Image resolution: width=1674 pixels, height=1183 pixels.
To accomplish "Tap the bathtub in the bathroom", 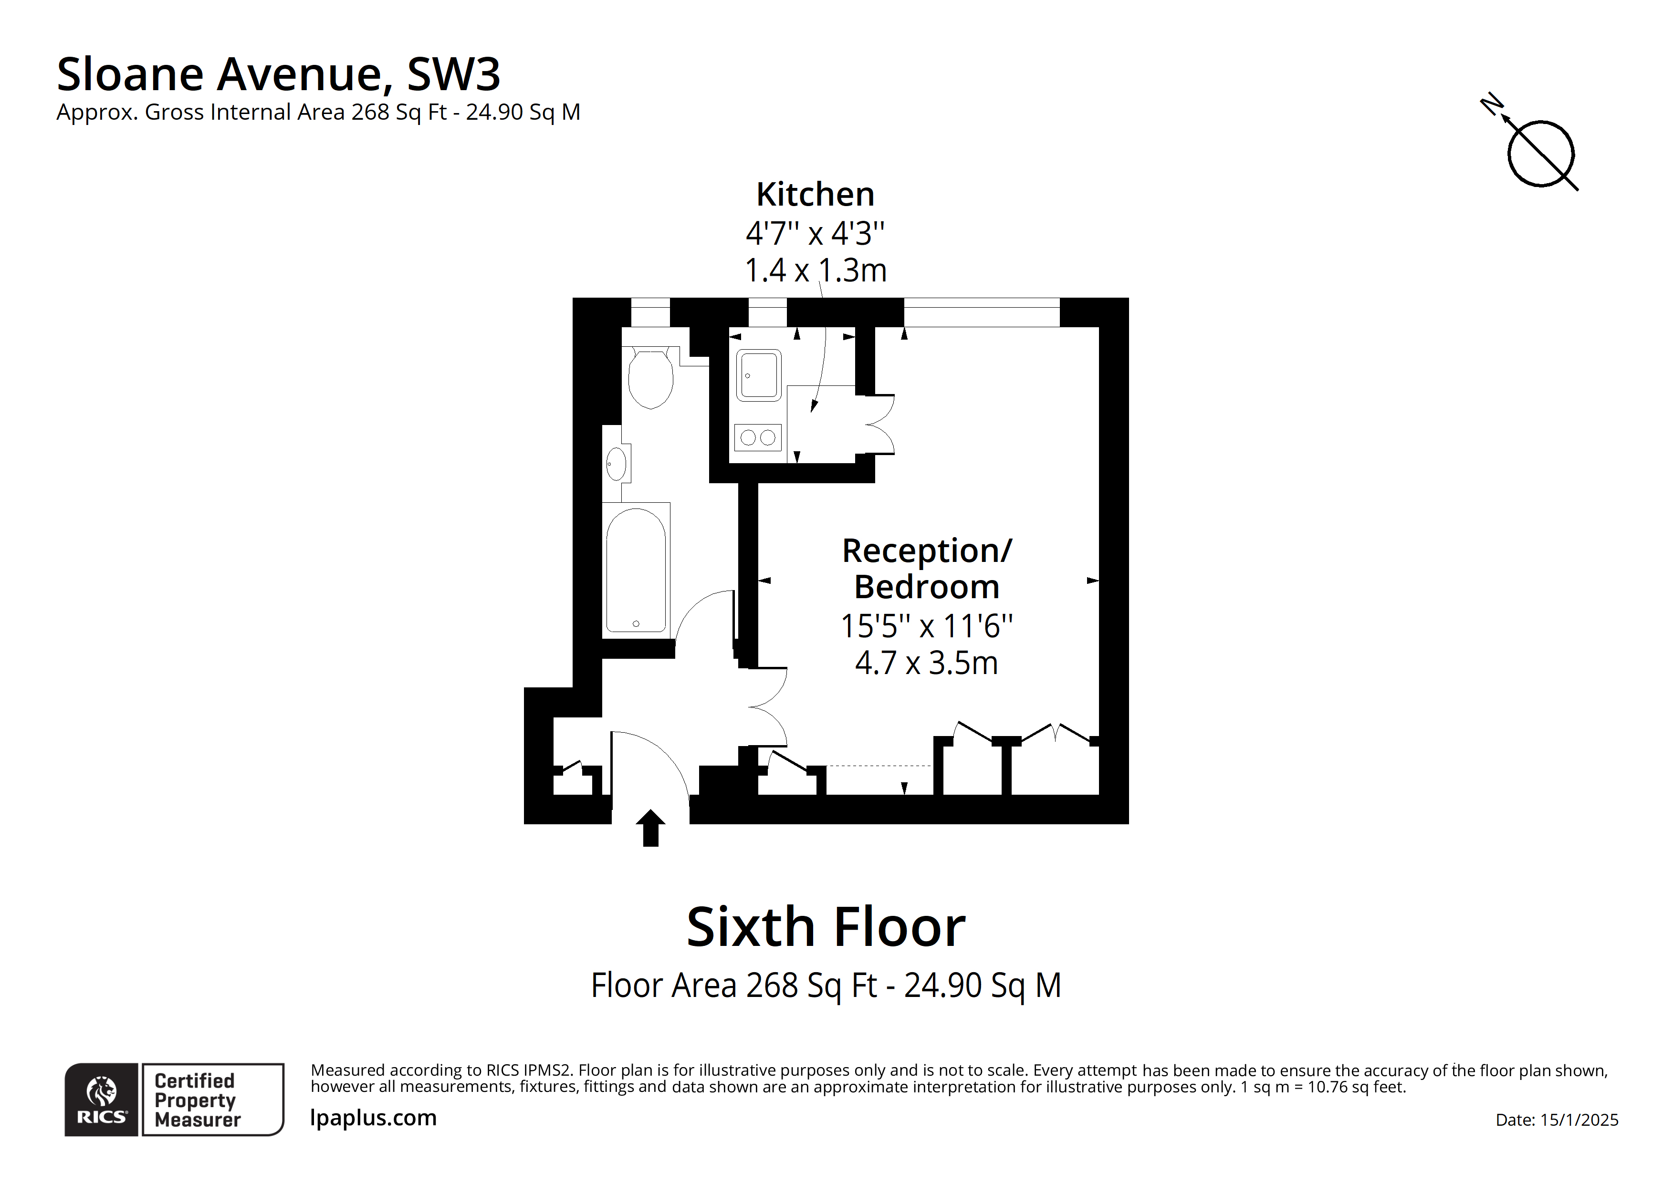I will pyautogui.click(x=636, y=570).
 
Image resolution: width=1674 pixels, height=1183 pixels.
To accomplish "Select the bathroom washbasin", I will pyautogui.click(x=616, y=464).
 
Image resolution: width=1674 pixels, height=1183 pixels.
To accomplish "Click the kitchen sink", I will pyautogui.click(x=759, y=375).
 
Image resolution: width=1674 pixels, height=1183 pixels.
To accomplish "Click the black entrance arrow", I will pyautogui.click(x=650, y=828).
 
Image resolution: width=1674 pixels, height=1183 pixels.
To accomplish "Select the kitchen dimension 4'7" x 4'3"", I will pyautogui.click(x=815, y=233).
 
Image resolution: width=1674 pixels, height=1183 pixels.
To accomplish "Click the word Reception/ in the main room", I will pyautogui.click(x=927, y=551).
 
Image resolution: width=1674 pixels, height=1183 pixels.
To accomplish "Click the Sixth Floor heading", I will pyautogui.click(x=826, y=927).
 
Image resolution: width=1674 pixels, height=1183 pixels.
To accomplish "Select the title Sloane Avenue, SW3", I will pyautogui.click(x=279, y=74).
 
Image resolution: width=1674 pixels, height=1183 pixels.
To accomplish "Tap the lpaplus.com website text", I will pyautogui.click(x=373, y=1117).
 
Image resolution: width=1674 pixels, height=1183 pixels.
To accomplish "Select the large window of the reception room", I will pyautogui.click(x=982, y=312).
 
